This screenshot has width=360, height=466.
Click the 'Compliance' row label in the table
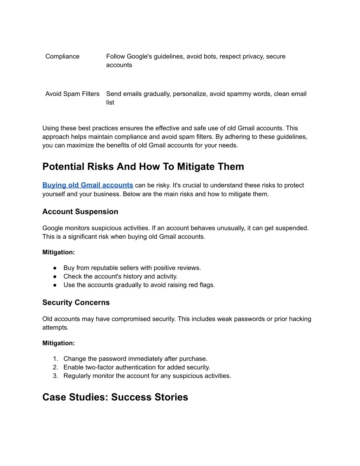point(62,56)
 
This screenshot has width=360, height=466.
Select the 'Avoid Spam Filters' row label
point(72,94)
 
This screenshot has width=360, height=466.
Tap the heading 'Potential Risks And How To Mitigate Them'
point(143,167)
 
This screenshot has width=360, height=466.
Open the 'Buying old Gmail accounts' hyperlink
point(88,185)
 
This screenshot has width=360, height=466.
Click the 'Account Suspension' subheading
point(80,212)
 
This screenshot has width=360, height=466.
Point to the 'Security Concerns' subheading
point(76,302)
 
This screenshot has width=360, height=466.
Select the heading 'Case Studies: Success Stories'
point(115,397)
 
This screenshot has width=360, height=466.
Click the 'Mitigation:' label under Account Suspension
point(58,252)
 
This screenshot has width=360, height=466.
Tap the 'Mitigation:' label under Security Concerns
point(58,343)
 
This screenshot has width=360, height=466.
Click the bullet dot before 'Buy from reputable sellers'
point(55,268)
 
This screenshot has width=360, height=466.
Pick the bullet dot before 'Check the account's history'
point(55,277)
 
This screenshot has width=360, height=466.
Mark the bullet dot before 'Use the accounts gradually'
point(55,285)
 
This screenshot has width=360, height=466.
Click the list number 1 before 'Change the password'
point(55,359)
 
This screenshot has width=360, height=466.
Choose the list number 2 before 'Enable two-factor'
point(55,368)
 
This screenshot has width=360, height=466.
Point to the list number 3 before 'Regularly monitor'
point(55,376)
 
